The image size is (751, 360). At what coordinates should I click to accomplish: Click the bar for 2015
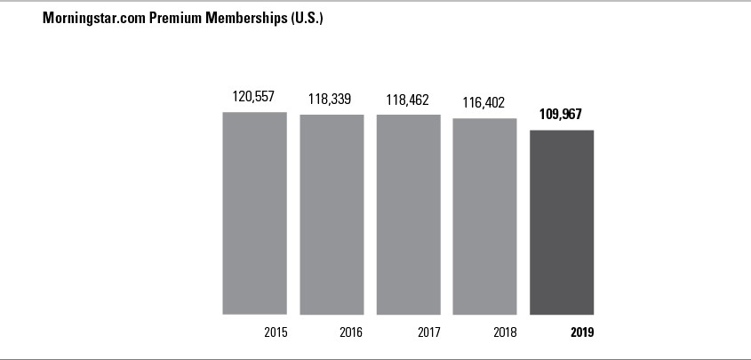pyautogui.click(x=254, y=212)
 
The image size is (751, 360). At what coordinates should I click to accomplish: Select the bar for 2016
pyautogui.click(x=331, y=214)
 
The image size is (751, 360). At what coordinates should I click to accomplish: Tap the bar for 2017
pyautogui.click(x=408, y=214)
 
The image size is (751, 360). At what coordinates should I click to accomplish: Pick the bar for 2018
pyautogui.click(x=484, y=216)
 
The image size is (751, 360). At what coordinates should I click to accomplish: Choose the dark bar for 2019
pyautogui.click(x=562, y=222)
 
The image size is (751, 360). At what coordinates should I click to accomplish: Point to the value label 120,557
pyautogui.click(x=254, y=97)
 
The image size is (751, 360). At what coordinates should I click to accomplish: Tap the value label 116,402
pyautogui.click(x=484, y=102)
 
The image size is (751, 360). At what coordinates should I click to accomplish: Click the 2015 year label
pyautogui.click(x=276, y=333)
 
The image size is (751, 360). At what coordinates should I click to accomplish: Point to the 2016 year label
pyautogui.click(x=352, y=333)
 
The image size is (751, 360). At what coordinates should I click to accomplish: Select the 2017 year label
pyautogui.click(x=429, y=333)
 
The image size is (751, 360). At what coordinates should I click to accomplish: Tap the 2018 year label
pyautogui.click(x=506, y=333)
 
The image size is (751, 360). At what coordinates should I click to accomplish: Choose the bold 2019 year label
pyautogui.click(x=582, y=333)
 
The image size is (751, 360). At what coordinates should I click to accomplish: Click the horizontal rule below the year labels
pyautogui.click(x=375, y=358)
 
